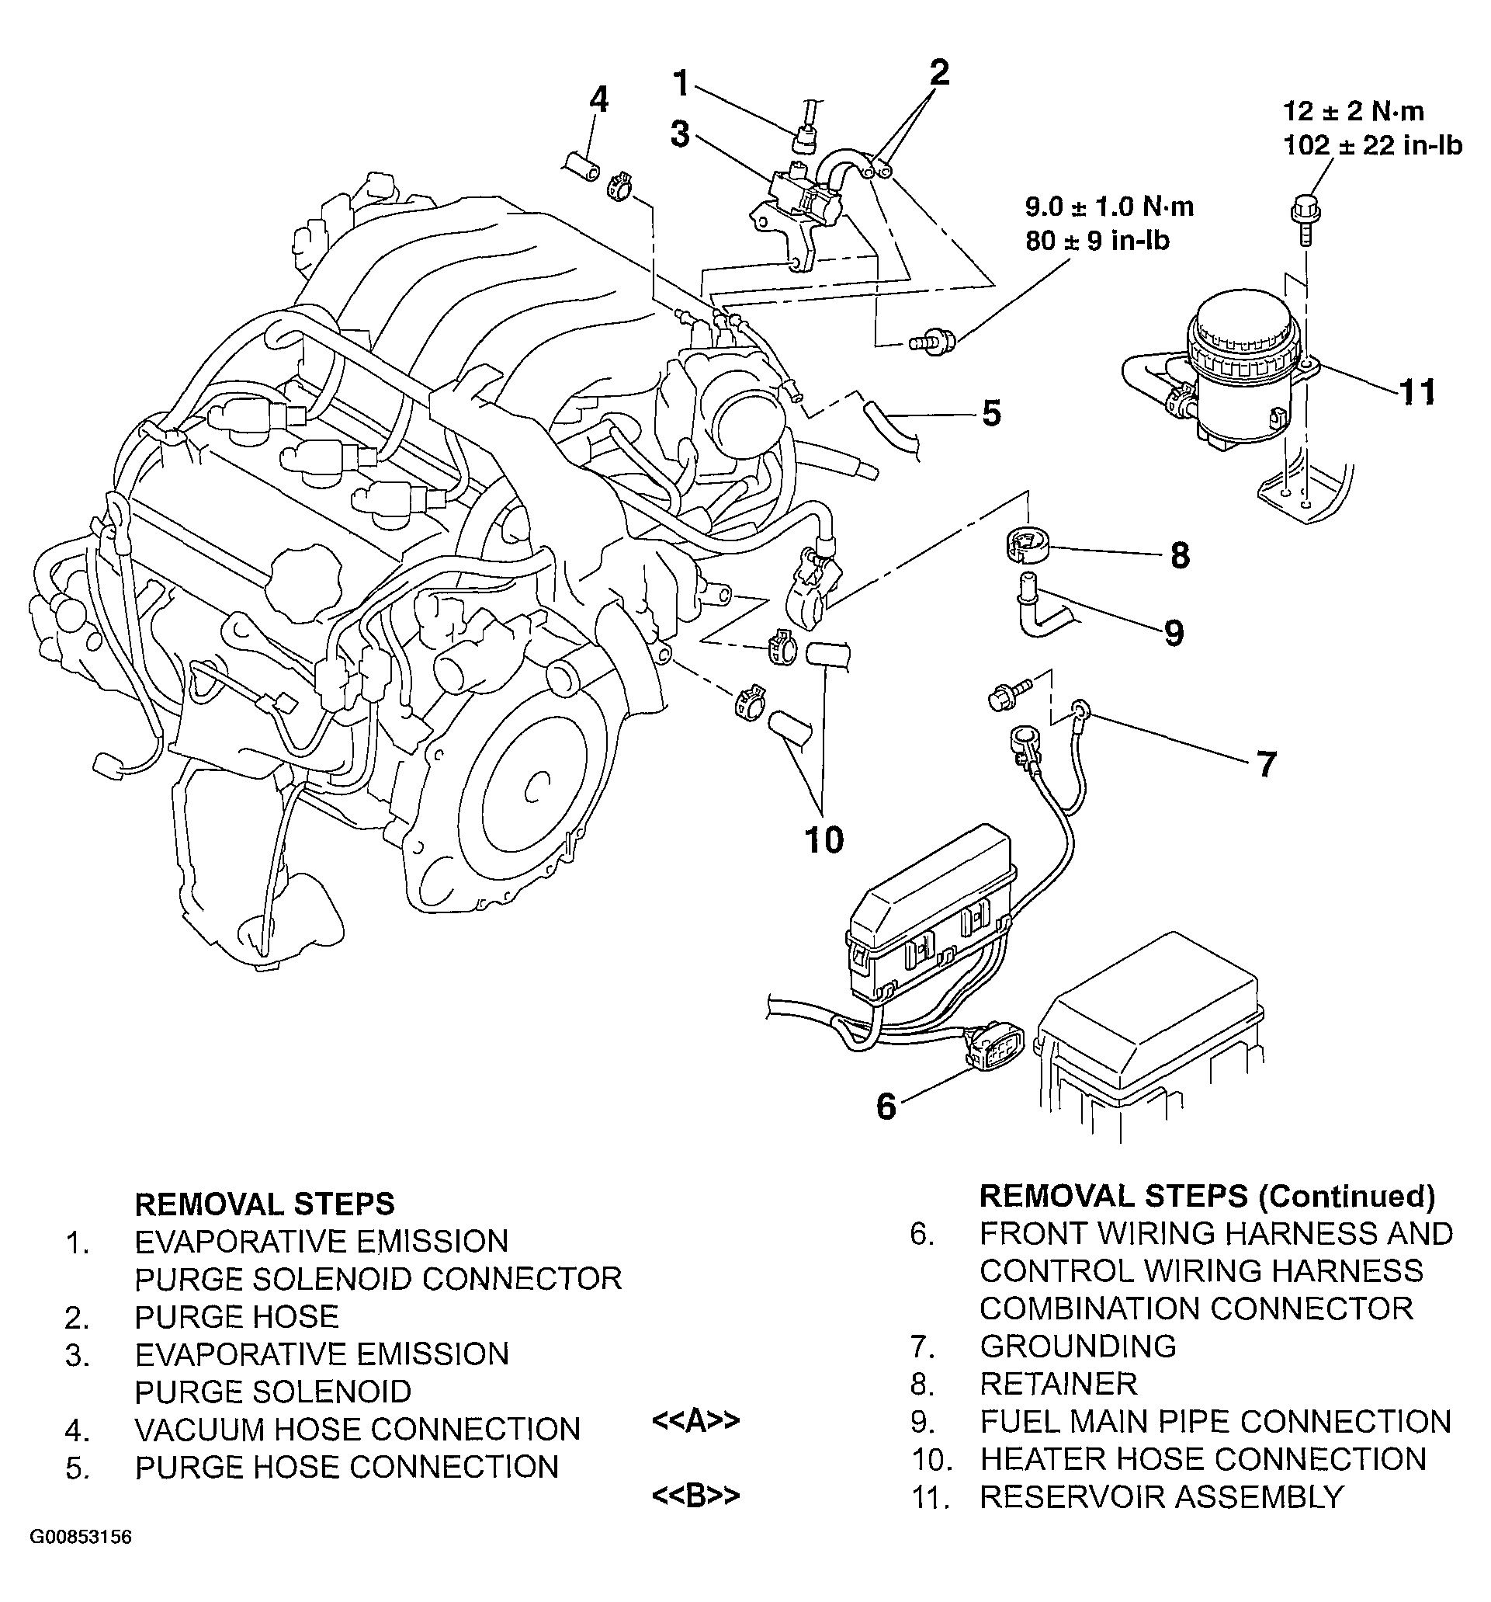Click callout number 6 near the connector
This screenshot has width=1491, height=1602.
pos(886,1107)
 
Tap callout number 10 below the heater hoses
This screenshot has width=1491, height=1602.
pos(824,839)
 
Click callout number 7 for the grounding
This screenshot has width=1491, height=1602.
pos(1266,764)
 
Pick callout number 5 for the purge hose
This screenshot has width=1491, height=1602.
pos(991,413)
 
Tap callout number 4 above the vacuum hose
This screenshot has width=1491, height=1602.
pos(598,100)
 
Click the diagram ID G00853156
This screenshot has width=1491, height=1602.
pos(81,1559)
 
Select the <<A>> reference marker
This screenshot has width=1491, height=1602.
pos(695,1420)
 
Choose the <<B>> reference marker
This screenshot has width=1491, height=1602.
pos(695,1495)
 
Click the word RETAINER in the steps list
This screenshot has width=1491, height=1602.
pos(1059,1384)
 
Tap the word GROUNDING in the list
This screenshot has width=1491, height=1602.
pos(1078,1346)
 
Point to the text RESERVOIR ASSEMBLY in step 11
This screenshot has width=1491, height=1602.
pos(1162,1496)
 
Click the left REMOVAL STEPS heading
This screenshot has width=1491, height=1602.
pos(265,1204)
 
